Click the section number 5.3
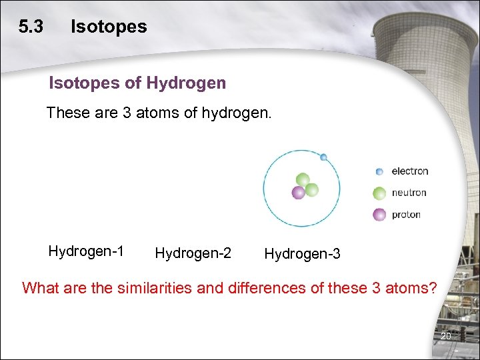(x=31, y=27)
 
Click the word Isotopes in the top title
(x=109, y=27)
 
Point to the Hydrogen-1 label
(x=86, y=251)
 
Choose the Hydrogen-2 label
(x=193, y=253)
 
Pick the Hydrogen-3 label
(x=302, y=254)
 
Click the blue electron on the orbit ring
(x=323, y=157)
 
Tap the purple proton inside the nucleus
(x=298, y=193)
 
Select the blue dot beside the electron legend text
(x=379, y=171)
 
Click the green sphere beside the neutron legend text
(x=379, y=193)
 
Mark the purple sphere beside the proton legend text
(x=379, y=215)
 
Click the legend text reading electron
(x=409, y=171)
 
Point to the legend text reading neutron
(x=409, y=193)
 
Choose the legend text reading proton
(x=406, y=215)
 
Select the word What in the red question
(x=36, y=288)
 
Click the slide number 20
(x=446, y=336)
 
